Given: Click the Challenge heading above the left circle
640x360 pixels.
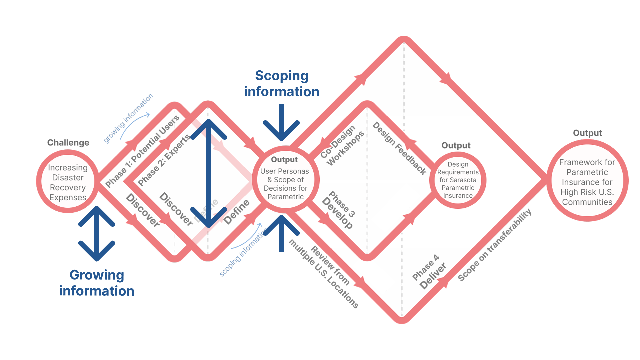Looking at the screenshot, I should [x=68, y=143].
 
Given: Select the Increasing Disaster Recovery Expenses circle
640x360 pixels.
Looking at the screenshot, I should [x=68, y=182].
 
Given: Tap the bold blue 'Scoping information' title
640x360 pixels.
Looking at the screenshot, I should [x=282, y=84].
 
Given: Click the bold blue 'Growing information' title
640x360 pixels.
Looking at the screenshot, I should [x=97, y=283].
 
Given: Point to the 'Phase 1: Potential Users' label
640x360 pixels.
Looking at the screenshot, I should [x=142, y=152].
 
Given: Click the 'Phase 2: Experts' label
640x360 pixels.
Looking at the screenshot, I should [x=164, y=160].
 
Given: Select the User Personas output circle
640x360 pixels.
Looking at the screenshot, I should [x=285, y=180].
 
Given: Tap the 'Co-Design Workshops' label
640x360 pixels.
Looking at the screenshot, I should [x=342, y=145].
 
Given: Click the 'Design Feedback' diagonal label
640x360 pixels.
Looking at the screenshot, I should [x=399, y=148].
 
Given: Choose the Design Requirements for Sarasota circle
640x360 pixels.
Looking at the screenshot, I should [x=458, y=180].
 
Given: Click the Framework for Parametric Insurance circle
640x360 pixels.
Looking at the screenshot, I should [x=587, y=182].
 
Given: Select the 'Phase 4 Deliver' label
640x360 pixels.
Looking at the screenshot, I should [x=429, y=272].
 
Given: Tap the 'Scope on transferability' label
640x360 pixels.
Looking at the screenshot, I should [x=495, y=245].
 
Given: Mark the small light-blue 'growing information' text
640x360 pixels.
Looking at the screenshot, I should [x=128, y=118].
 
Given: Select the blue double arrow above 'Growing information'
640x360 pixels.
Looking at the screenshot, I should [x=97, y=233].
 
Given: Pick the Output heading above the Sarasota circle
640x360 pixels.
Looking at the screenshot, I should [x=456, y=145].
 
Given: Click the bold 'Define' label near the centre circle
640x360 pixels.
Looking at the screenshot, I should [x=237, y=212].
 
